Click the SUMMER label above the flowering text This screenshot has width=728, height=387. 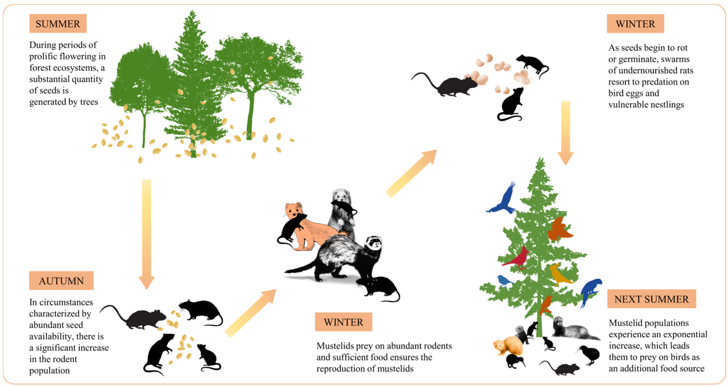(58, 24)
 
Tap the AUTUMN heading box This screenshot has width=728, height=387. (61, 281)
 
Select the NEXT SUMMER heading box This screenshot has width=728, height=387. (651, 299)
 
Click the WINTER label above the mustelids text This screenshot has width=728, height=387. (343, 322)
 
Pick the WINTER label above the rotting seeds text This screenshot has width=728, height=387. (635, 24)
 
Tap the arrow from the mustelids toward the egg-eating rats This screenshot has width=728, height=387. (411, 173)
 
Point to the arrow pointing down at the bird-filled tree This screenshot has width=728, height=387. (565, 133)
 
